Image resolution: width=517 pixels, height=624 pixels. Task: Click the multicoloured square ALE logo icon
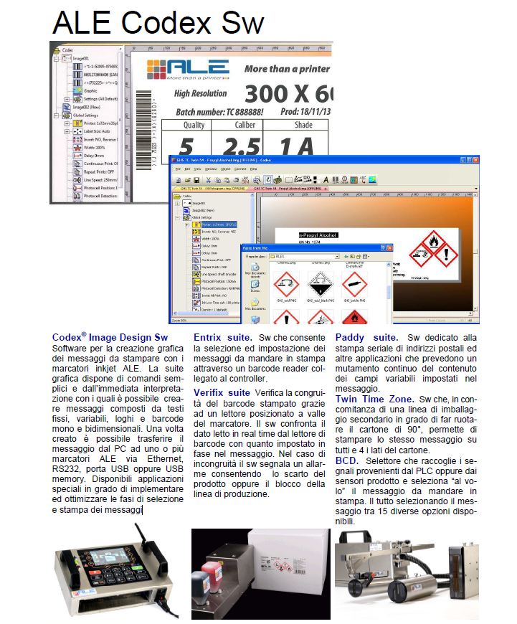[160, 70]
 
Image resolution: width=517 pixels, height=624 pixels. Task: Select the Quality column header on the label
[193, 125]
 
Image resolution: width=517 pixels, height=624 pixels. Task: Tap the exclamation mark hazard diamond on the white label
[446, 253]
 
